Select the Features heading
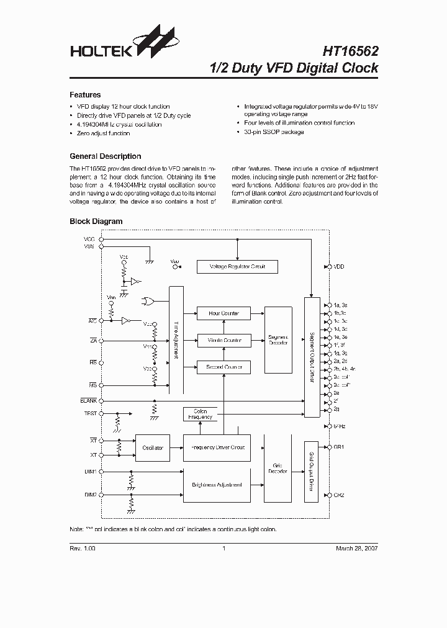point(85,95)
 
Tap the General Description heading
point(105,156)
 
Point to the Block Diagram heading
point(96,221)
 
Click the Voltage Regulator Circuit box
point(237,267)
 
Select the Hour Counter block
point(223,313)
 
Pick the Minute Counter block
point(223,341)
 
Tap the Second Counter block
point(223,367)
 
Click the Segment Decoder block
point(278,340)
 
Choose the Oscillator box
point(153,447)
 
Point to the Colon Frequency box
point(200,414)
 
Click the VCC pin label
point(89,239)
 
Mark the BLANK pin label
point(88,401)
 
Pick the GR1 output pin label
point(338,447)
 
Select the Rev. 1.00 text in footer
point(83,549)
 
